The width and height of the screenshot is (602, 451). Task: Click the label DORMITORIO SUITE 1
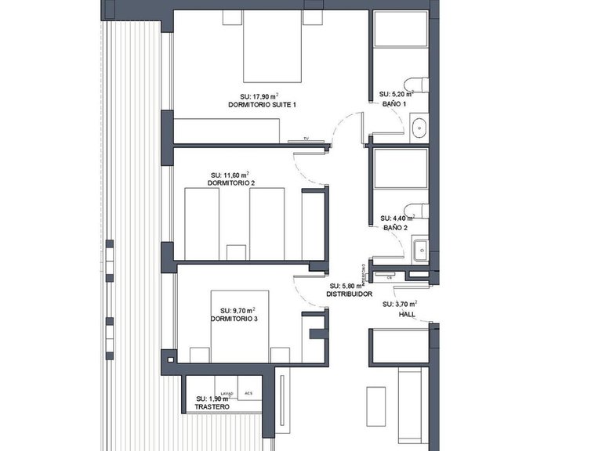262,104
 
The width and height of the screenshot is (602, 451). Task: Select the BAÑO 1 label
393,103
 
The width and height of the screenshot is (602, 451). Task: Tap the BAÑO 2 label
395,228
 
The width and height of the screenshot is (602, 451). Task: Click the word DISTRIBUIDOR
349,295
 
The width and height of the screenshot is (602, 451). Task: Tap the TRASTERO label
212,408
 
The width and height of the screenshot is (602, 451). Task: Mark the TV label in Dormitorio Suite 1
298,140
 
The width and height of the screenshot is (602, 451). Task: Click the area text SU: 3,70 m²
399,304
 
